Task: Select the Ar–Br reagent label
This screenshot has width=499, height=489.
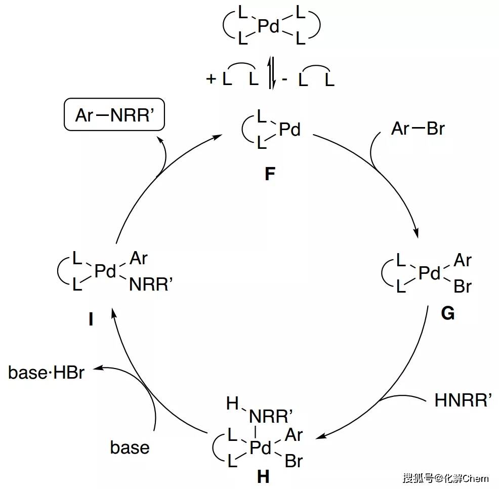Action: coord(418,129)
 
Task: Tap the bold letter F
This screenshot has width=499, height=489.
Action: coord(270,174)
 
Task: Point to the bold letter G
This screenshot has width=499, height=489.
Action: coord(447,313)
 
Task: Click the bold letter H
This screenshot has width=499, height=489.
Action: coord(263,476)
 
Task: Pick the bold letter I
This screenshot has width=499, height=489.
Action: coord(91,320)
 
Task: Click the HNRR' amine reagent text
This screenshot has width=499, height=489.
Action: coord(463,401)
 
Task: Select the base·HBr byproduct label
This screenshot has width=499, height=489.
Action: coord(46,373)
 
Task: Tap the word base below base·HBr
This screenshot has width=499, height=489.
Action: coord(130,447)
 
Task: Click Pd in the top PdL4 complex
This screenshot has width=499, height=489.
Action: coord(269,27)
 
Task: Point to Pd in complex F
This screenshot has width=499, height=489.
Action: coord(289,130)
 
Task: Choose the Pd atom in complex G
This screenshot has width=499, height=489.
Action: coord(430,274)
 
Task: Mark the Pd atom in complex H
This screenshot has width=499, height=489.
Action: coord(261,447)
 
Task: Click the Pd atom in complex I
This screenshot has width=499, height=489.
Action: coord(106,272)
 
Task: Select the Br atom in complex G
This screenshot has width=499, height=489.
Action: coord(462,287)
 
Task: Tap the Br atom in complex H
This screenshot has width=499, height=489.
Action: coord(294,461)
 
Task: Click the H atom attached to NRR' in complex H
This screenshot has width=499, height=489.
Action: coord(232,403)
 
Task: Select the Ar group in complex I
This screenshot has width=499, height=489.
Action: coord(138,258)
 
